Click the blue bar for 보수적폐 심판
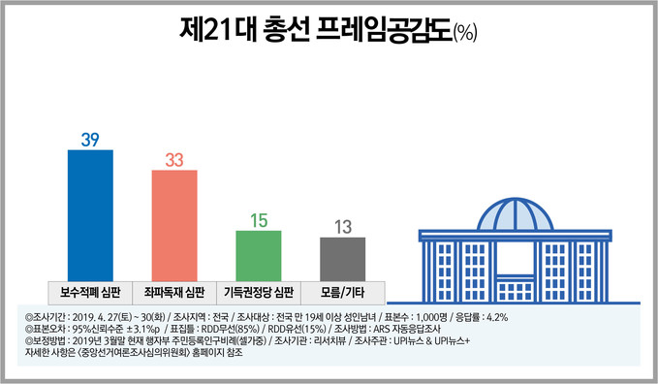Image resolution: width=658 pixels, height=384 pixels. pyautogui.click(x=90, y=215)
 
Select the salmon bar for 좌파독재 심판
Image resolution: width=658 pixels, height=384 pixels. pyautogui.click(x=174, y=226)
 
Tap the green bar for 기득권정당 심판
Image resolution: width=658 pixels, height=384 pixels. pyautogui.click(x=259, y=256)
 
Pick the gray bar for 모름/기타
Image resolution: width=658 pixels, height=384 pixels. pyautogui.click(x=342, y=259)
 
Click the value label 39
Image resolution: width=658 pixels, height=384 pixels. pyautogui.click(x=90, y=140)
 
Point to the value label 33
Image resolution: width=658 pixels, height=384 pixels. pyautogui.click(x=174, y=160)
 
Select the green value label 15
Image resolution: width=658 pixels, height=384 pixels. pyautogui.click(x=259, y=220)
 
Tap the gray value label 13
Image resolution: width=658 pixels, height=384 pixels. pyautogui.click(x=343, y=227)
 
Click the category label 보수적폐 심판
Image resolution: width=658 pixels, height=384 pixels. pyautogui.click(x=90, y=292)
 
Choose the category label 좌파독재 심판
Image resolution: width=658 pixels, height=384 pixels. pyautogui.click(x=174, y=292)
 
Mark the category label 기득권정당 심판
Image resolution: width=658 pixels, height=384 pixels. pyautogui.click(x=259, y=292)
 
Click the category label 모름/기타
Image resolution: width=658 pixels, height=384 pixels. pyautogui.click(x=342, y=292)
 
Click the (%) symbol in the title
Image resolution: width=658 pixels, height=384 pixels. pyautogui.click(x=465, y=32)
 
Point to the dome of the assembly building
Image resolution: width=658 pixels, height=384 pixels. pyautogui.click(x=516, y=214)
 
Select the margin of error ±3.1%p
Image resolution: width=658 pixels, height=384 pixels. pyautogui.click(x=142, y=329)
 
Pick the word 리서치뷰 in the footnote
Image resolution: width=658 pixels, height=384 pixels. pyautogui.click(x=330, y=340)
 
